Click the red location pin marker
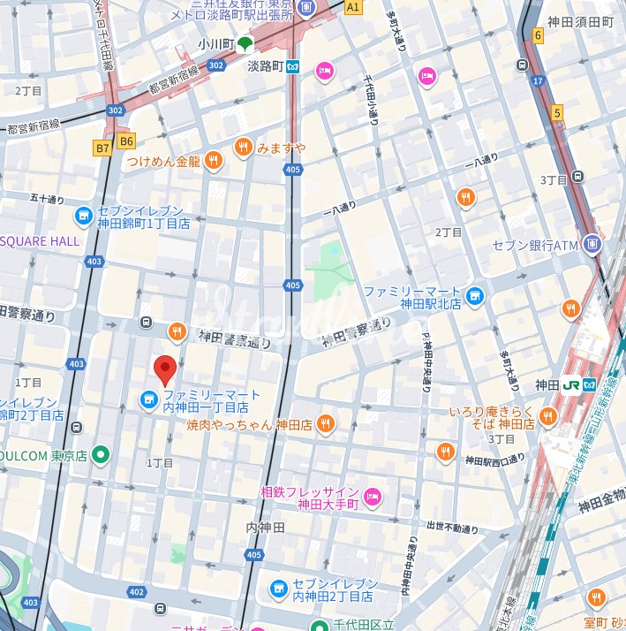[165, 369]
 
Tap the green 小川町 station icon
[245, 44]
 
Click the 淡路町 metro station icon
[294, 66]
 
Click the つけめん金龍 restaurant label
[163, 162]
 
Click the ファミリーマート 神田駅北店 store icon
[476, 296]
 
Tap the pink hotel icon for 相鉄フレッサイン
[372, 498]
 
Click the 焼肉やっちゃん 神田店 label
[249, 424]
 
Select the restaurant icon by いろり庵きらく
[548, 416]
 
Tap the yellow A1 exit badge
[353, 7]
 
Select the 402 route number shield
[136, 592]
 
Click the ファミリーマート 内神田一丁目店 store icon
[147, 401]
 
